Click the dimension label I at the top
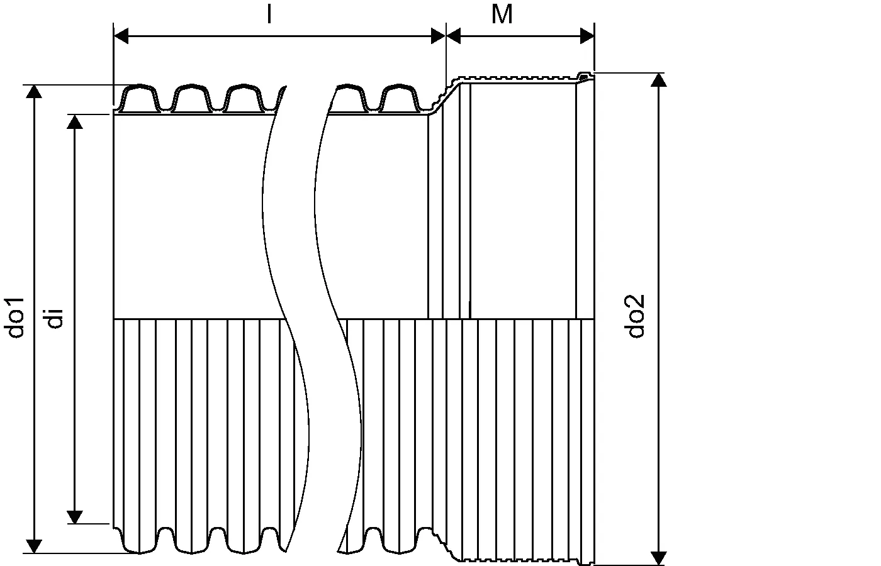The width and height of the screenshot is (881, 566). point(269,14)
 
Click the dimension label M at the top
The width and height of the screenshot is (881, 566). point(502,14)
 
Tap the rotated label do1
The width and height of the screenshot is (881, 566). point(16,318)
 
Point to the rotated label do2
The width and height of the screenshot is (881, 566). point(635,316)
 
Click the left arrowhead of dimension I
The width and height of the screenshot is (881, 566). point(121,36)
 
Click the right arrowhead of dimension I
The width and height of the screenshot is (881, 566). point(438,36)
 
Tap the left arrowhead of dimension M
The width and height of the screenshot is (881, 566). point(454,36)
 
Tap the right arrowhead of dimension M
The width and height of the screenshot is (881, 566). point(587,36)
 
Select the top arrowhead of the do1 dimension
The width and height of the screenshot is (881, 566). point(34,92)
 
